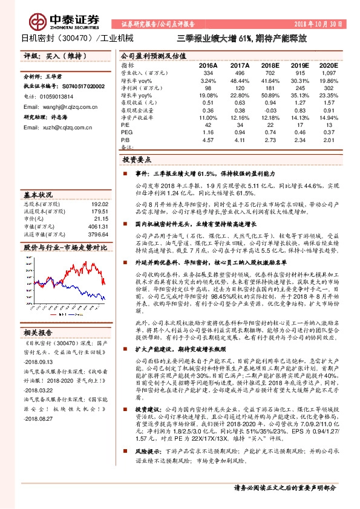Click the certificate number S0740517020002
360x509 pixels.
(75, 86)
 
